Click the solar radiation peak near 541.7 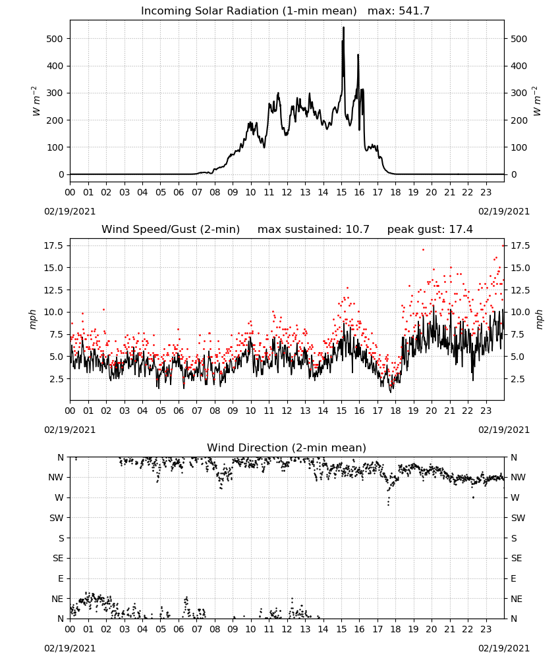point(344,27)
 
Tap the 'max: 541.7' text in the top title point(399,11)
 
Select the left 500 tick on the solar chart point(54,39)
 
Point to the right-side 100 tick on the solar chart point(519,147)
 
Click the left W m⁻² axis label point(36,101)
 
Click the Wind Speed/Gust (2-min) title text point(171,230)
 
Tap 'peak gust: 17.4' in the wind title point(430,230)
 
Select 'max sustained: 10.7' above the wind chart point(314,230)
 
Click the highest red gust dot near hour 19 point(423,249)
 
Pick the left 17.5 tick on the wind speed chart point(54,245)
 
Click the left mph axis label point(33,319)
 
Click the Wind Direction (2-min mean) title point(287,447)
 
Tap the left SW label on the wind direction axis point(56,518)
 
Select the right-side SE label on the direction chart point(517,558)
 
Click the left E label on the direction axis point(61,578)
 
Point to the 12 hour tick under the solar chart point(287,192)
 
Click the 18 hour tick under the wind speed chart point(395,411)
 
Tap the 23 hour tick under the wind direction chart point(486,629)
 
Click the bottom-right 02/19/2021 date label point(504,648)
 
